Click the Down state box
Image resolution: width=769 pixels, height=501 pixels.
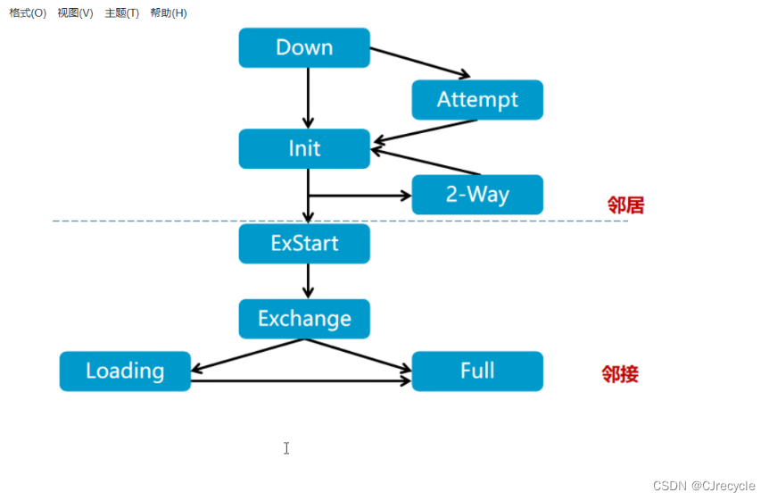304,47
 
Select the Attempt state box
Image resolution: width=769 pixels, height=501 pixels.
477,99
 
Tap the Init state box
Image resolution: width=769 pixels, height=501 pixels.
304,148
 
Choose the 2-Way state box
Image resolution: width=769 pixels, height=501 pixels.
477,194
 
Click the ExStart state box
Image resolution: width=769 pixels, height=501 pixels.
304,243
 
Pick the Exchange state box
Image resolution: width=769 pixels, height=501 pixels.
304,318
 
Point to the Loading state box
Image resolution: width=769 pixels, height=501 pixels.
125,371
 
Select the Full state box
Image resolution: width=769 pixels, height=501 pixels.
477,371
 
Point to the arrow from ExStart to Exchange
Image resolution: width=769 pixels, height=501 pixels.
308,280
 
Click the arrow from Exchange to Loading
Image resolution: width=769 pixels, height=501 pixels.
249,356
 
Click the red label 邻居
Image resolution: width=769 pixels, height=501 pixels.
625,205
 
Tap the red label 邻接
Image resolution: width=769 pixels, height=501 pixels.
620,374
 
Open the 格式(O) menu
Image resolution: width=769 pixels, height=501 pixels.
28,13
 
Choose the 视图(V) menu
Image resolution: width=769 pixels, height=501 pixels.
75,13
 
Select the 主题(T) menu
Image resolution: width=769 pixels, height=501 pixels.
121,13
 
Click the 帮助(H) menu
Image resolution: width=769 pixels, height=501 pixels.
169,13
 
